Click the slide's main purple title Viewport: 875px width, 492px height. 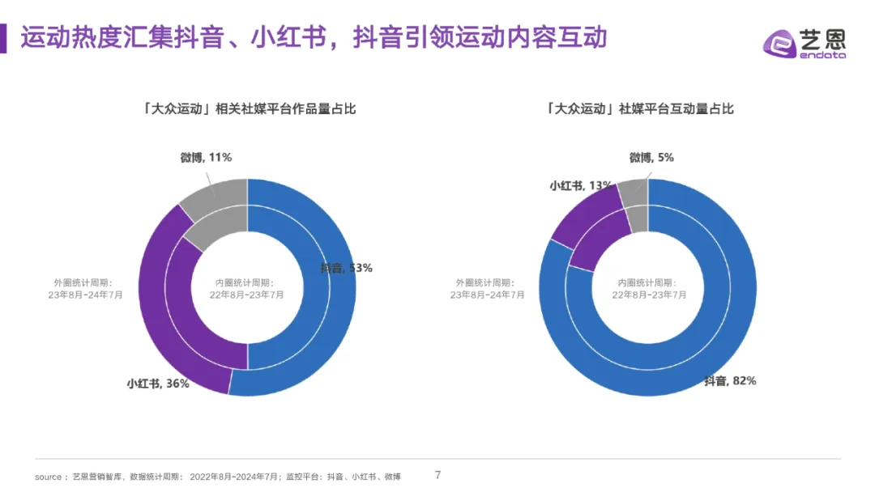[314, 37]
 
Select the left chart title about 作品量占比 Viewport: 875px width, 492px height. [248, 108]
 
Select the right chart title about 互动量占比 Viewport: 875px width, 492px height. [640, 108]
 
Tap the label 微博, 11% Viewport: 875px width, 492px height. [206, 157]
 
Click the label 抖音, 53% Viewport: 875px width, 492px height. [346, 268]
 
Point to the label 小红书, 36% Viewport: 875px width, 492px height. [157, 383]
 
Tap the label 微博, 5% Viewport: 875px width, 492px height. [651, 157]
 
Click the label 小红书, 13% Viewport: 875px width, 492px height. [580, 185]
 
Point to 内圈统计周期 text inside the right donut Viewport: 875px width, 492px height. [651, 289]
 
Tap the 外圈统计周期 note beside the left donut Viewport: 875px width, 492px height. [85, 289]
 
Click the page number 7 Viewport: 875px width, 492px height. [438, 475]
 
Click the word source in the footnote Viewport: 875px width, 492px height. [48, 477]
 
